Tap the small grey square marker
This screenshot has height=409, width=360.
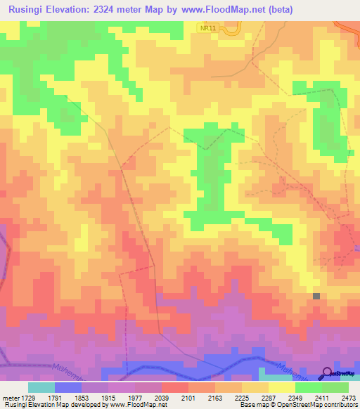316,297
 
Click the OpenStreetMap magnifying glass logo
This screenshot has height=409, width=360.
326,372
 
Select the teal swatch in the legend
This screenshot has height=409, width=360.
41,387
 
